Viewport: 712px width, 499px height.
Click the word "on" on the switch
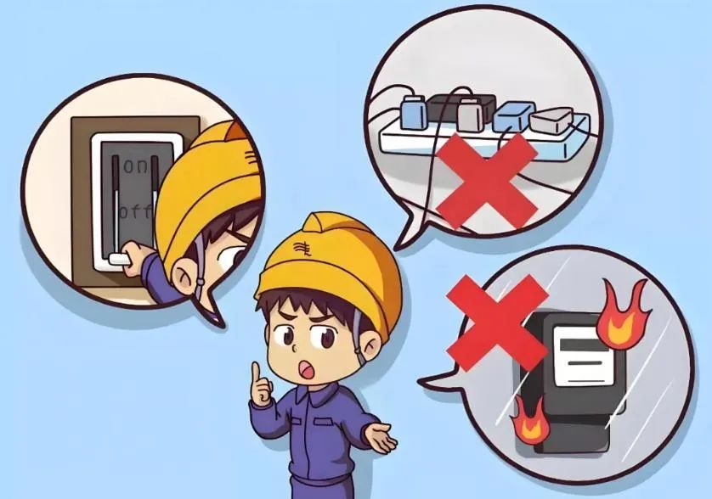pos(135,166)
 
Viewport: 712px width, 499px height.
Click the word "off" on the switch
pos(134,209)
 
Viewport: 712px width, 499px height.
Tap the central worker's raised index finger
pos(257,374)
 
